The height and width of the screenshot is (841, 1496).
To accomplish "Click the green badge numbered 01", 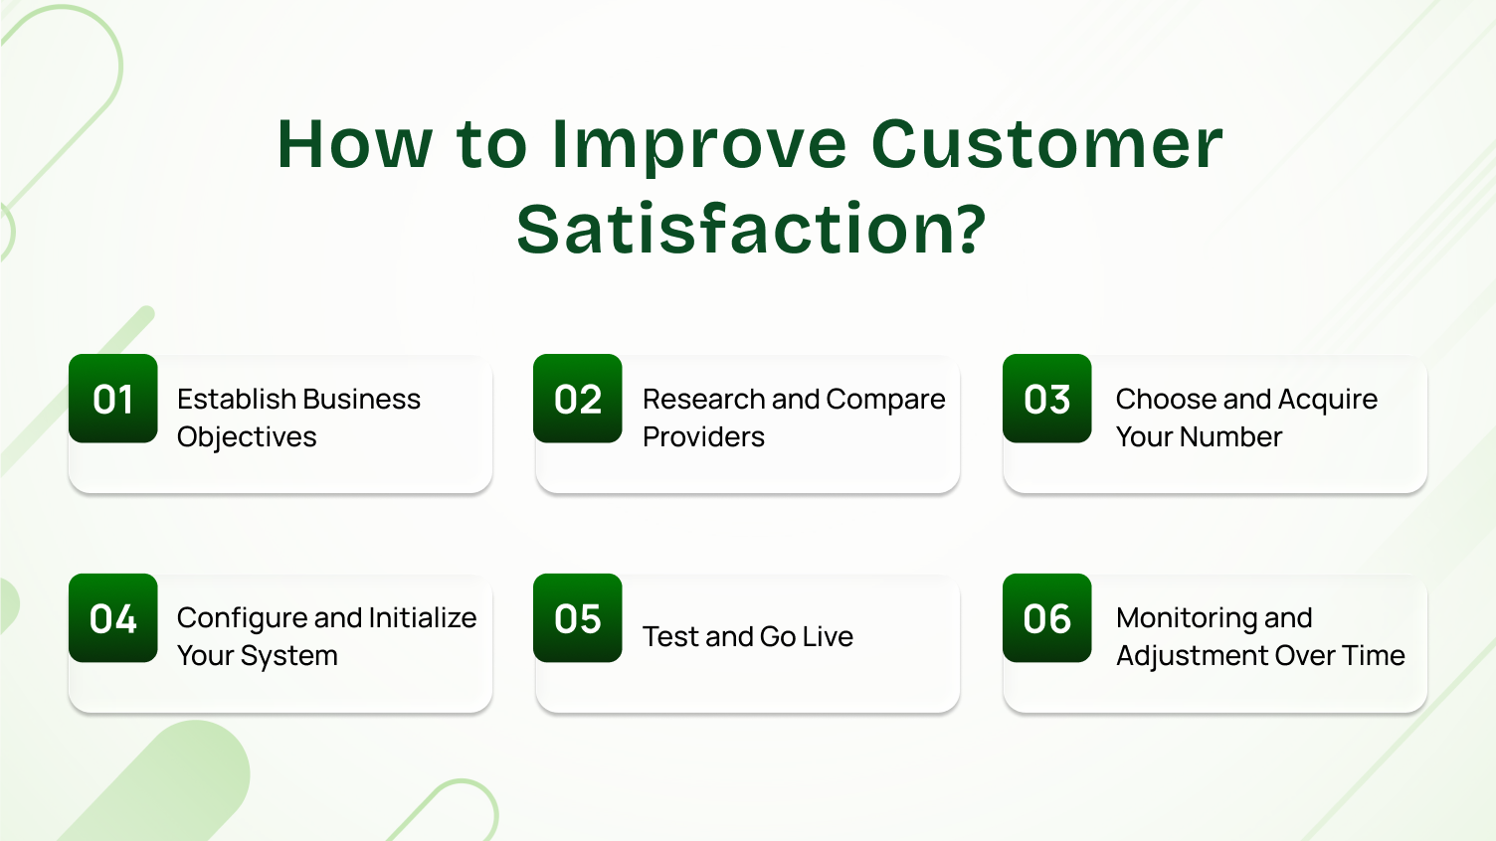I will point(112,399).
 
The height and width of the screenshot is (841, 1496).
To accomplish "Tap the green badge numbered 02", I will point(578,399).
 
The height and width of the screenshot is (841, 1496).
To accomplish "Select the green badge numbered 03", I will point(1046,399).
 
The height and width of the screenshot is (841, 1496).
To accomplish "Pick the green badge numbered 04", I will point(112,618).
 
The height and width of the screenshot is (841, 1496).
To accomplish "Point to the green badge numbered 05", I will point(578,618).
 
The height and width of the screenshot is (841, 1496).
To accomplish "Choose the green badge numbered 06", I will point(1046,618).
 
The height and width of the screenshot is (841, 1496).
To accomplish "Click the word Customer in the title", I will point(1046,144).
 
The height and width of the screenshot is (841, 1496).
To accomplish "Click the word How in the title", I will point(354,144).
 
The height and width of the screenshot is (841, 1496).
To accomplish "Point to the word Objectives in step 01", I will point(247,437).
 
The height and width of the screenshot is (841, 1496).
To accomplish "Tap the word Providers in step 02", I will point(703,437).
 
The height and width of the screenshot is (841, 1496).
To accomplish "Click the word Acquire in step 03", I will point(1327,399).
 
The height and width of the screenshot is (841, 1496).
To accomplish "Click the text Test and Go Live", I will point(748,636).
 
